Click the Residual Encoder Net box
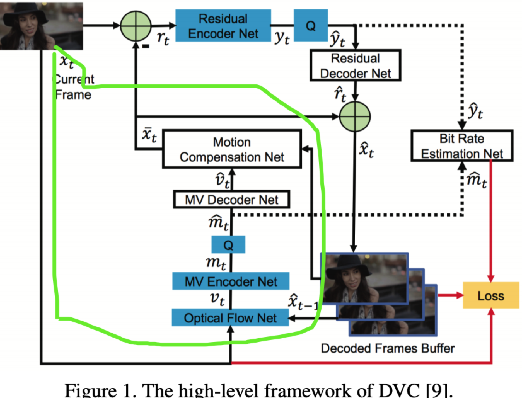pos(223,26)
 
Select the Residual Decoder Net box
pos(355,65)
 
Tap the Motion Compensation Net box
pos(232,149)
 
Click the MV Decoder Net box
pos(231,199)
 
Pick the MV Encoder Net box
pos(231,281)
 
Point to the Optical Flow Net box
pos(230,318)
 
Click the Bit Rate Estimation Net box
pos(462,146)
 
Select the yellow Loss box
pos(490,295)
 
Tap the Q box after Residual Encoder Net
pos(310,26)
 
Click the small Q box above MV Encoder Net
pos(228,245)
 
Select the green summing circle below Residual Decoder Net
pos(355,117)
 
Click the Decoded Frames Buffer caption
pos(387,348)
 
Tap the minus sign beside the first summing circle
pos(146,46)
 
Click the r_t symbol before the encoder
pos(163,38)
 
